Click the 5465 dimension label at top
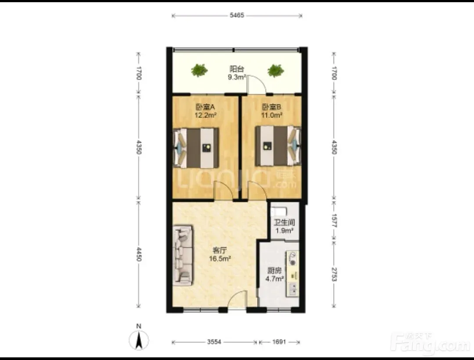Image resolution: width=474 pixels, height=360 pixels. tap(237, 15)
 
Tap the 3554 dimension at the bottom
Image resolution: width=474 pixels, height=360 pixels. tap(214, 342)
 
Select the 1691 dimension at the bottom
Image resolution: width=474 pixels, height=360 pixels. tap(279, 342)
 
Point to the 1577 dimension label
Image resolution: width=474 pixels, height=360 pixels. tap(334, 221)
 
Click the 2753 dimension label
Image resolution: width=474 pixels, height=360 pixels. tap(334, 274)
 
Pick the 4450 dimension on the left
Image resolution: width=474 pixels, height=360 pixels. tap(139, 254)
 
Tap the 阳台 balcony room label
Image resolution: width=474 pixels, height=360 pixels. tap(237, 69)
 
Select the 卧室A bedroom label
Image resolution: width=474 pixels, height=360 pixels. tap(205, 107)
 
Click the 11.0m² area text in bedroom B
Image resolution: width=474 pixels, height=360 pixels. tap(272, 115)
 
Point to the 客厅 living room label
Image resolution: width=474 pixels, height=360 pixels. tap(220, 250)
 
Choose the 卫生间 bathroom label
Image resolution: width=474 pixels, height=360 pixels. tap(284, 223)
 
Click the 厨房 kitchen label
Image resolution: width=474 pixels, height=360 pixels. tap(274, 271)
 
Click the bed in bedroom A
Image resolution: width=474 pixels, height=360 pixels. tap(196, 148)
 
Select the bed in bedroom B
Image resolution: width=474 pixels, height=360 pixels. tap(278, 146)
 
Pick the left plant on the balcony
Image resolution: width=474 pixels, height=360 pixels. tap(199, 70)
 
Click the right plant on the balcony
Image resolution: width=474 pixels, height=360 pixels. tap(275, 70)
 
